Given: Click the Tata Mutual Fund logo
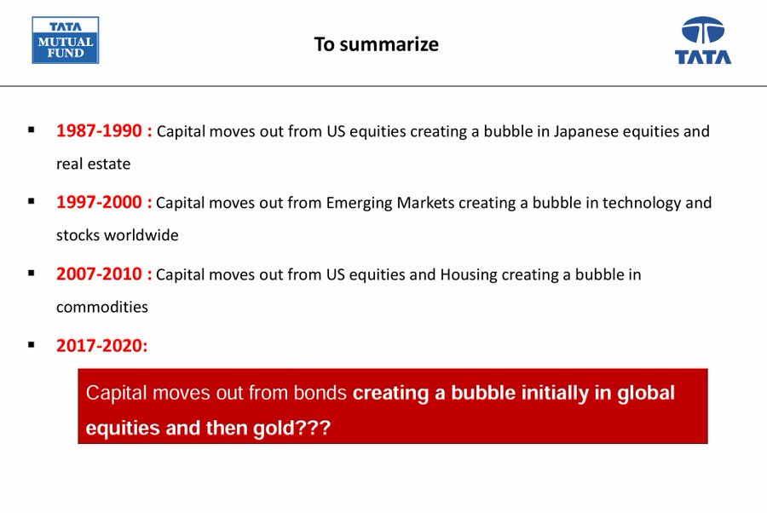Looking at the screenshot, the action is click(x=66, y=40).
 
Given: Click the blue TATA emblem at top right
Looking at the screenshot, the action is click(x=703, y=40).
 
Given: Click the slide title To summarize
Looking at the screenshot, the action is click(x=376, y=44).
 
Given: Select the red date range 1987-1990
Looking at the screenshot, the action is click(x=99, y=130).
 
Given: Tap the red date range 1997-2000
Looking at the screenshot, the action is click(x=99, y=202).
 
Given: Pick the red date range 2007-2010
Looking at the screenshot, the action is click(x=99, y=274).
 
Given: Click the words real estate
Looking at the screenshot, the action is click(x=94, y=164).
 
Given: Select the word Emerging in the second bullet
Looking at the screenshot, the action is click(x=359, y=204).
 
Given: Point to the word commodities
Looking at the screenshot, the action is click(x=102, y=307).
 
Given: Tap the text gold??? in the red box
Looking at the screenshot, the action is click(x=292, y=429).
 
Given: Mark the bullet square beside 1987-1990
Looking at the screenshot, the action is click(x=32, y=130).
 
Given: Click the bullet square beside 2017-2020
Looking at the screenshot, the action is click(x=32, y=344).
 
